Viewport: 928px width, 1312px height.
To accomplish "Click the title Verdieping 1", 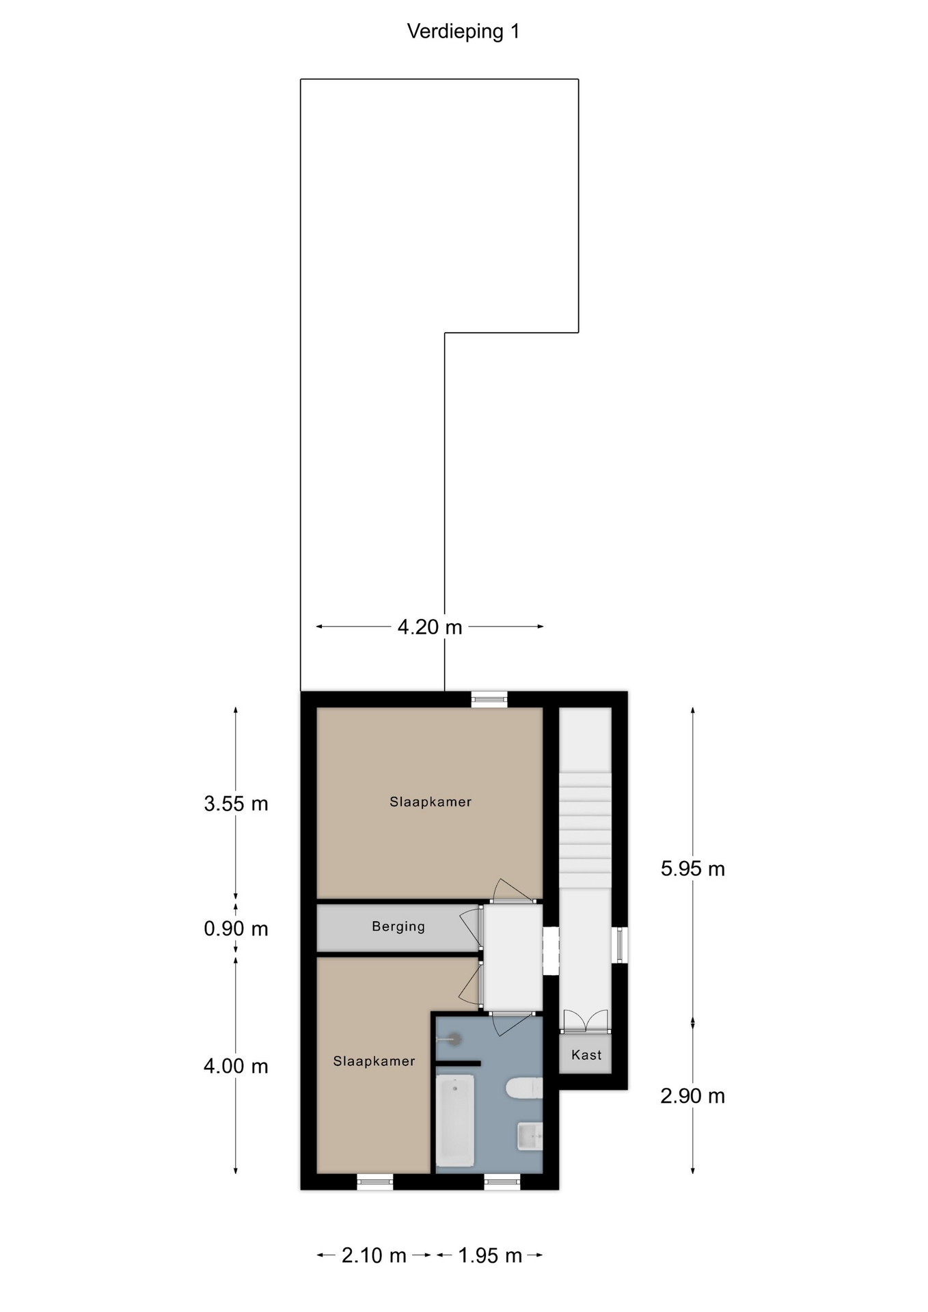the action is (463, 31).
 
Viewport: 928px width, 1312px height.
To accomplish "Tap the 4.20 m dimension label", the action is (430, 627).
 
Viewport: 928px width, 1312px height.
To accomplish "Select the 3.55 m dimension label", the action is (236, 804).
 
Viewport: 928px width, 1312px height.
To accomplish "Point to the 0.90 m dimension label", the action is (236, 929).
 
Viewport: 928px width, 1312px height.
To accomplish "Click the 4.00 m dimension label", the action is (236, 1066).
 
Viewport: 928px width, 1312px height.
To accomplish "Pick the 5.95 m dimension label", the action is (693, 869).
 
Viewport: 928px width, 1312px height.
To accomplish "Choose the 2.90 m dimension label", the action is (693, 1096).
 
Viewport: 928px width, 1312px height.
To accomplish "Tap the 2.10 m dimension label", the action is (374, 1255).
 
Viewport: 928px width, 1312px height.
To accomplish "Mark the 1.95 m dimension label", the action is (490, 1255).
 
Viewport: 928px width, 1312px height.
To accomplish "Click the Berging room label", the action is (398, 927).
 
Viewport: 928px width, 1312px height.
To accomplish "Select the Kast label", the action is (586, 1054).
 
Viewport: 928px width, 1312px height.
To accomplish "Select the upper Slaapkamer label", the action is (431, 802).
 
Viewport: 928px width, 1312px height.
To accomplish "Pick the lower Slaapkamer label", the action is (374, 1061).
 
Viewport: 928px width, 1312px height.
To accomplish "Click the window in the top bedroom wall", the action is (489, 698).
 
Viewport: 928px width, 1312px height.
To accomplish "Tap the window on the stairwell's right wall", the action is (620, 945).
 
